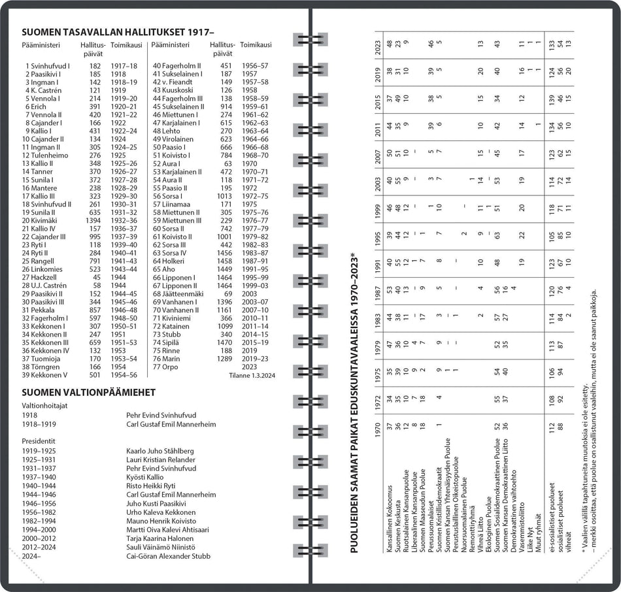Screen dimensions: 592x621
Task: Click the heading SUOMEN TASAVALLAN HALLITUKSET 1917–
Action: coord(118,33)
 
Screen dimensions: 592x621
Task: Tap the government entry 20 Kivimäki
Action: coord(43,220)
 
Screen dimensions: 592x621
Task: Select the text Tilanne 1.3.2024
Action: coord(252,376)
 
